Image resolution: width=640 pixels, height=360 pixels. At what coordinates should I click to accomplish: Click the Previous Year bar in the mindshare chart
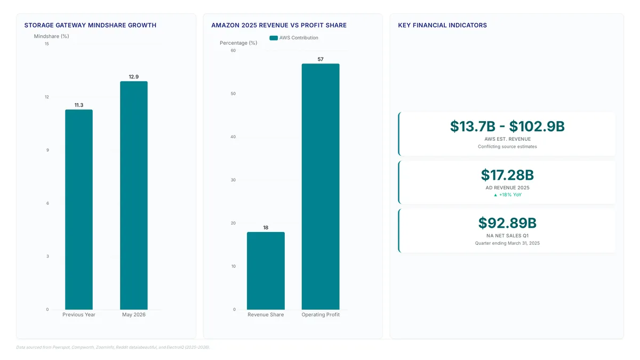[79, 210]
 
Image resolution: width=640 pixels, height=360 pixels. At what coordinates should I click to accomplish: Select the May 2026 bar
[134, 195]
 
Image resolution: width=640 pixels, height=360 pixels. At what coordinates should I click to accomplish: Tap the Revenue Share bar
[266, 270]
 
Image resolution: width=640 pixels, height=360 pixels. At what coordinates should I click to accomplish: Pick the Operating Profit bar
[321, 187]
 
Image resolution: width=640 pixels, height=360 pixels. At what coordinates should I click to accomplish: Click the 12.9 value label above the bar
[134, 77]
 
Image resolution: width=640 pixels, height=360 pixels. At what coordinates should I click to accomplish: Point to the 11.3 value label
[79, 105]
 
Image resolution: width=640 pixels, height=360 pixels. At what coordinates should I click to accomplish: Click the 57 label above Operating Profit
[321, 59]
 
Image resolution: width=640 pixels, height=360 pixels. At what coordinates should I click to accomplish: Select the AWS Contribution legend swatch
[274, 38]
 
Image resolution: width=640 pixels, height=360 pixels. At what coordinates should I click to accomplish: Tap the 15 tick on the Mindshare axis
[46, 44]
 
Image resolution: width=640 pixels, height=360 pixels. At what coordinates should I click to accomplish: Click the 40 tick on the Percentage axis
[233, 137]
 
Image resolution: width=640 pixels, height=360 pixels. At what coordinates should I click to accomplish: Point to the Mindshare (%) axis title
[51, 36]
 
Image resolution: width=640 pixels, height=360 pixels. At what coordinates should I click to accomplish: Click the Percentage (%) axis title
[238, 43]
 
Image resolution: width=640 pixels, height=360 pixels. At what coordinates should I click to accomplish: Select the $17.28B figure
[507, 175]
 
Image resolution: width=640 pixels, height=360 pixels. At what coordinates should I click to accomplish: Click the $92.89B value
[507, 223]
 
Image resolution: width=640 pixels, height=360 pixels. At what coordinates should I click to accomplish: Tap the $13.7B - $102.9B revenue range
[507, 126]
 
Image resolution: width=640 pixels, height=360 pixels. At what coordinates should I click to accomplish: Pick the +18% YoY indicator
[508, 195]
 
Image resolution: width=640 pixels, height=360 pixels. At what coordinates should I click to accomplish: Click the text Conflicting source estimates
[507, 147]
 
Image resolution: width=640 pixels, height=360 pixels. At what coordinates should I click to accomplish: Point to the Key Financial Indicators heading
[442, 25]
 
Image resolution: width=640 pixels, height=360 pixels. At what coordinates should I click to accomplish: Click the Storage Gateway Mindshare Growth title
[90, 25]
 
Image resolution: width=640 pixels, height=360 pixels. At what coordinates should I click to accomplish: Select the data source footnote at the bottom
[113, 347]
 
